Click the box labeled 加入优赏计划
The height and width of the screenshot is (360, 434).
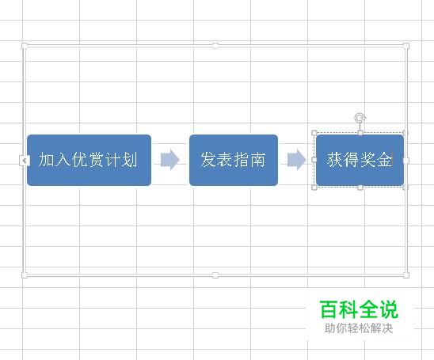[x=89, y=160]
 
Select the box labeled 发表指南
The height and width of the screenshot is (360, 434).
[x=234, y=160]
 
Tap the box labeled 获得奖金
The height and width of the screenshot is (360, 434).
[x=360, y=160]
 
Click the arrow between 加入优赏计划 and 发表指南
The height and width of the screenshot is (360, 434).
[x=170, y=160]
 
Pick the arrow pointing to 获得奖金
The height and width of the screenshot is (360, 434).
[x=297, y=160]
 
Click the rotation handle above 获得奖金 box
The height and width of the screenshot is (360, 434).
[x=360, y=118]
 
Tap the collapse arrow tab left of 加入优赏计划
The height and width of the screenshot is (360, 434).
[x=25, y=161]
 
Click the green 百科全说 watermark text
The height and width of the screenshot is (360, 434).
[x=359, y=309]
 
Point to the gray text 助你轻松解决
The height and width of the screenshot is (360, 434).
[x=359, y=328]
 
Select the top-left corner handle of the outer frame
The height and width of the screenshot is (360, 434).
[x=25, y=46]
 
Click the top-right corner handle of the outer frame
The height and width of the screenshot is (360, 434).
[x=406, y=46]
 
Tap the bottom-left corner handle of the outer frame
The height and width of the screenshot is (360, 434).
[x=25, y=275]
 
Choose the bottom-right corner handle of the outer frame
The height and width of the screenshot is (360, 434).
[x=406, y=275]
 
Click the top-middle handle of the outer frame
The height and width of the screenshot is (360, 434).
[x=215, y=46]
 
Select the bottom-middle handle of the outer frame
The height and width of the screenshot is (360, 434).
[x=215, y=275]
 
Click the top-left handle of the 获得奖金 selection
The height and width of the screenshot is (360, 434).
[x=314, y=133]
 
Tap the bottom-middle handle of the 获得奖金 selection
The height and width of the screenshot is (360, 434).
[x=360, y=188]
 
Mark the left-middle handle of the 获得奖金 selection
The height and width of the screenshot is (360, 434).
[x=314, y=160]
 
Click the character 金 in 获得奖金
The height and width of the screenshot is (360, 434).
[x=384, y=160]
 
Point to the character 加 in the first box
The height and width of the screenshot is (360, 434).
[x=46, y=160]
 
